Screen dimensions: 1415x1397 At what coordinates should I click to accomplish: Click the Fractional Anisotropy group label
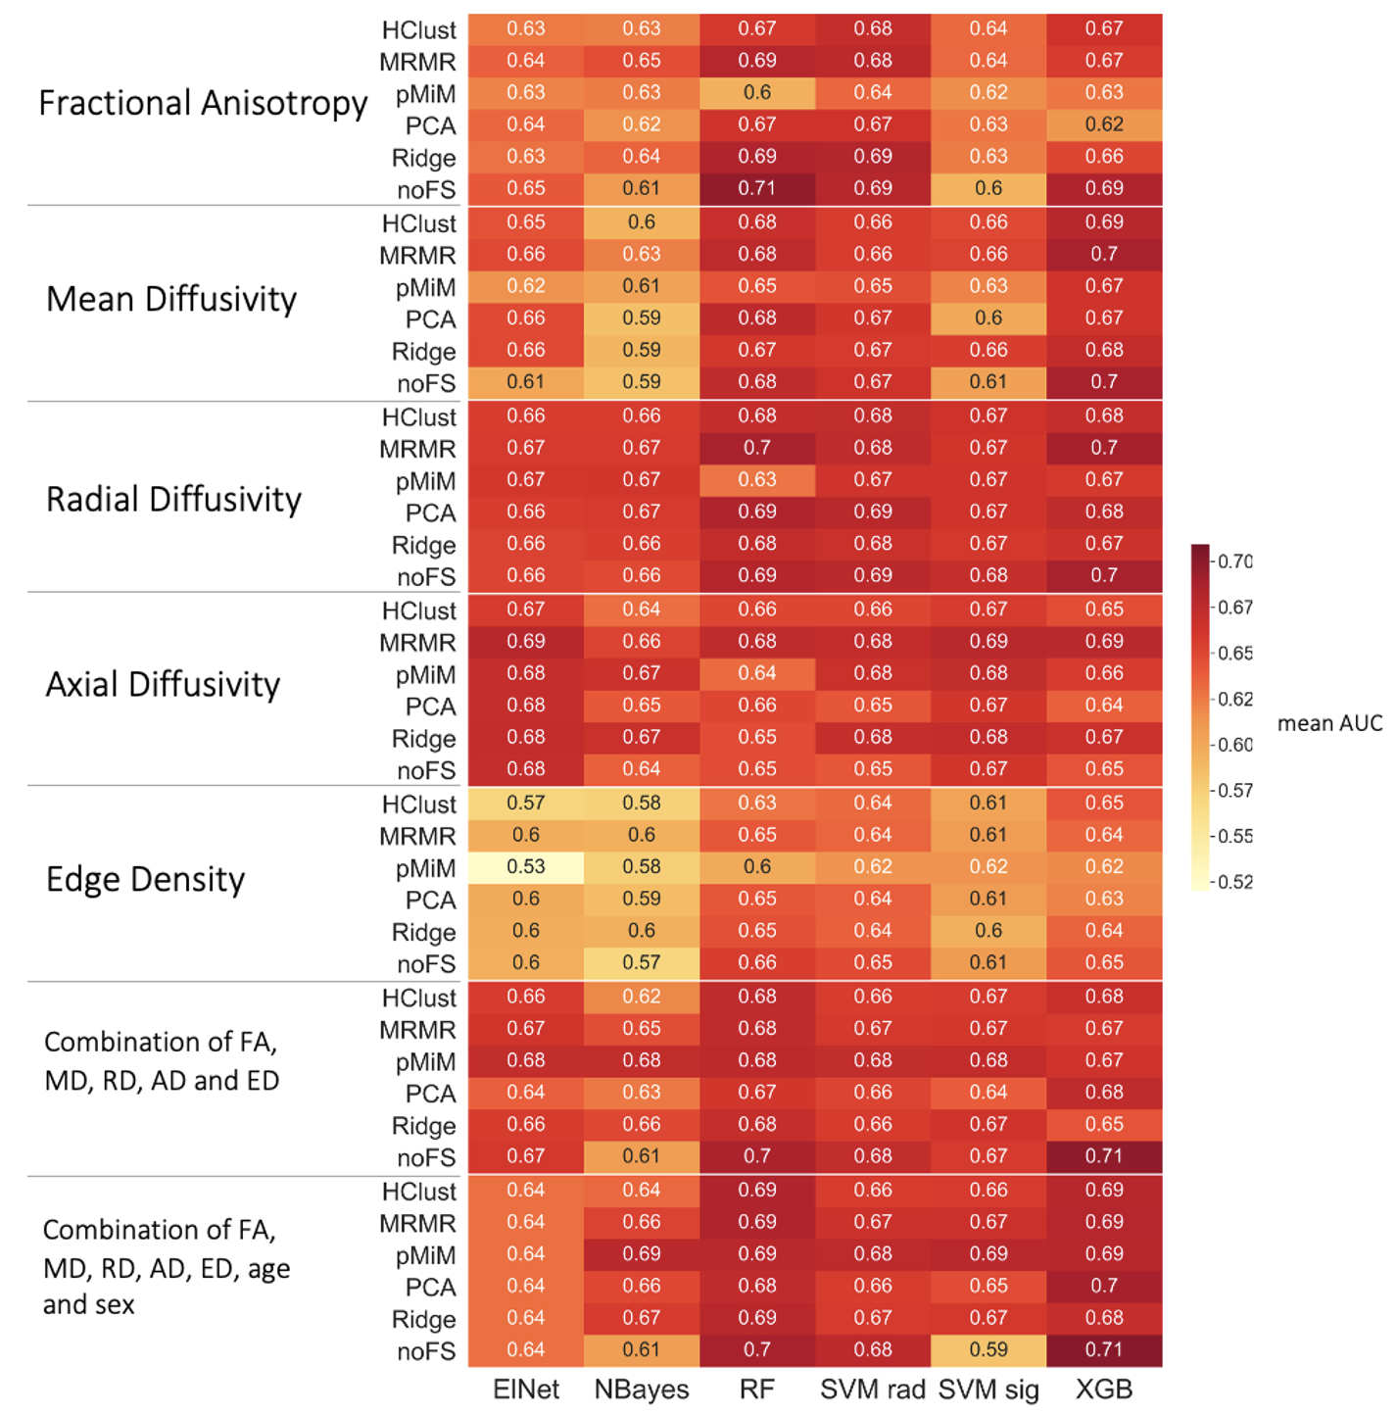[203, 103]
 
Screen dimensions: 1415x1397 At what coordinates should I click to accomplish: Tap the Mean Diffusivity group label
[171, 299]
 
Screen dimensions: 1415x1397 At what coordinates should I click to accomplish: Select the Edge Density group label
[145, 879]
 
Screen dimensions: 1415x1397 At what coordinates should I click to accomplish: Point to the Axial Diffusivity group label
[163, 684]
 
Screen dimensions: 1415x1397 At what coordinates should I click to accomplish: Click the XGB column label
[1104, 1390]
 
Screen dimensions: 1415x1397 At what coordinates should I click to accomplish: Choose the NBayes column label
[642, 1390]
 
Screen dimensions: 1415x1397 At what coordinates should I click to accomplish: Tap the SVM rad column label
[873, 1390]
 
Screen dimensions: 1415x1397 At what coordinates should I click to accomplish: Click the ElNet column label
[526, 1390]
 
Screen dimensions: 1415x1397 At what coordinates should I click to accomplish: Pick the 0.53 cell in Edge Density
[526, 867]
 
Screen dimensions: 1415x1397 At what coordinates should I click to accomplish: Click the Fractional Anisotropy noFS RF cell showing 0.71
[757, 188]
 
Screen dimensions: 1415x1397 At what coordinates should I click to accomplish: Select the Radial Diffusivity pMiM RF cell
[757, 479]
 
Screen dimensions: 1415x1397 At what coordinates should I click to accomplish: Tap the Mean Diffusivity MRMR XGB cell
[1104, 254]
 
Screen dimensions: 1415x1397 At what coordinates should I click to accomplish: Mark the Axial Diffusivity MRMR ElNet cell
[526, 641]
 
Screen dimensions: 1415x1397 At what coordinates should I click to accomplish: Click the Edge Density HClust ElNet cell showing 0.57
[526, 803]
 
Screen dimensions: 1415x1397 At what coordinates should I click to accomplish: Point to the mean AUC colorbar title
[1329, 723]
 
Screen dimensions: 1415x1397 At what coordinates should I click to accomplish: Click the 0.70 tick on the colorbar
[1235, 561]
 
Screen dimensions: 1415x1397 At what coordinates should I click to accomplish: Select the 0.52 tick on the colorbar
[1235, 882]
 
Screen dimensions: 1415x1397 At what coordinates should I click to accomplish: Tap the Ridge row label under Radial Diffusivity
[423, 545]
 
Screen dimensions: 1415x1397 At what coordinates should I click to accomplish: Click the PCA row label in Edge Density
[430, 900]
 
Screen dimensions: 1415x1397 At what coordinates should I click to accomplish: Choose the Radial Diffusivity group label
[173, 500]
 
